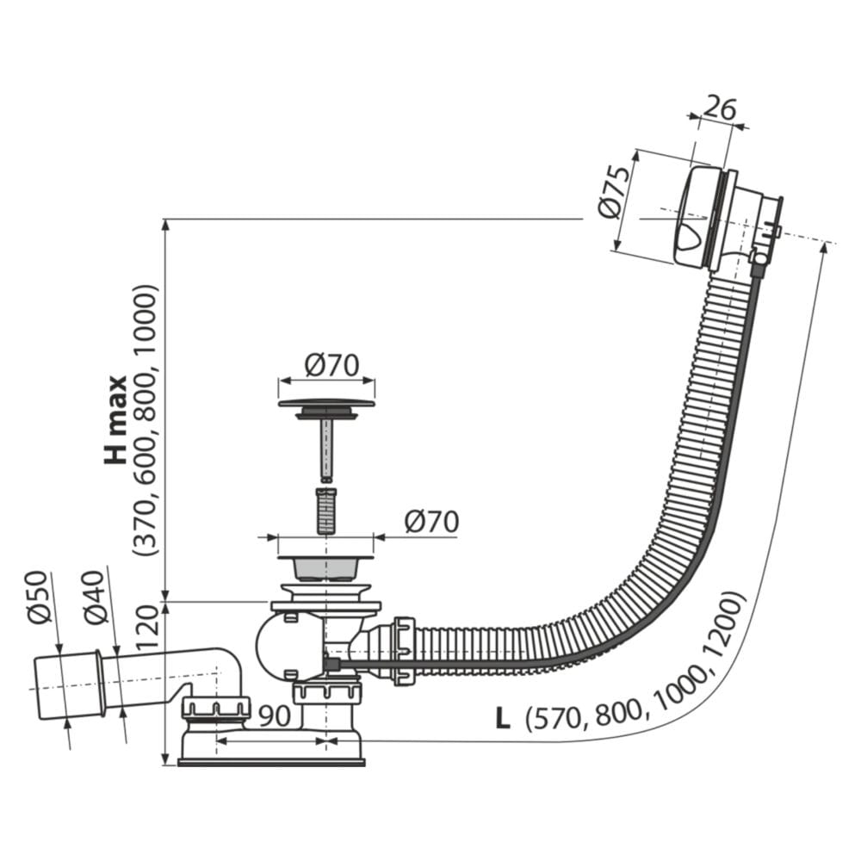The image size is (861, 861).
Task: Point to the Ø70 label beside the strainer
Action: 430,522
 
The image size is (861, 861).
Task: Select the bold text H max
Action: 116,420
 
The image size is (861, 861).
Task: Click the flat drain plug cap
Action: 326,403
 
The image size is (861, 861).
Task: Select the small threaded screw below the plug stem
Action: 325,510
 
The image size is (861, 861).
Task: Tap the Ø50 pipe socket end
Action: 67,684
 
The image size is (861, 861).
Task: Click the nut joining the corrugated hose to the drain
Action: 403,650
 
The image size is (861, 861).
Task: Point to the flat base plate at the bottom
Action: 271,761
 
